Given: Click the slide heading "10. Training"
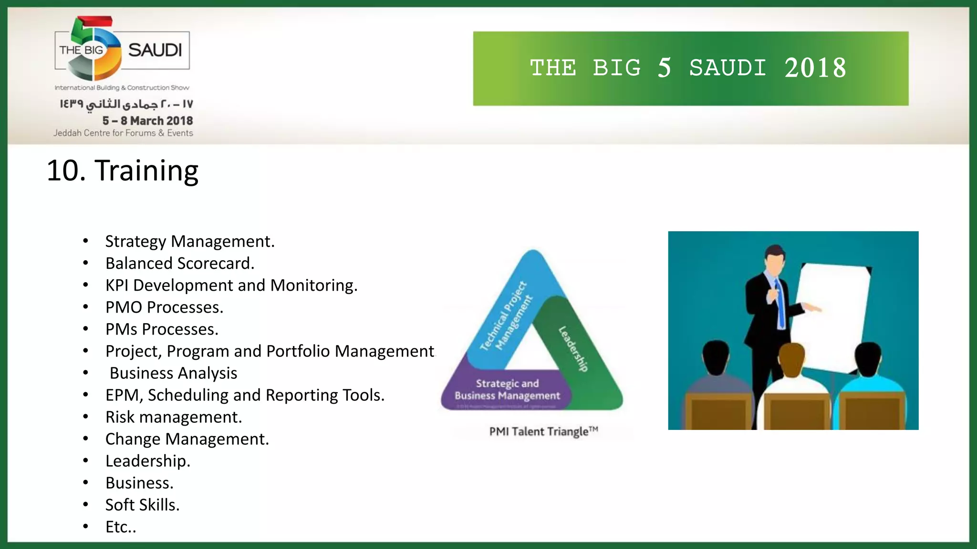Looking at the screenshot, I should [x=122, y=171].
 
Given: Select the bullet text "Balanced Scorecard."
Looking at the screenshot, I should [x=180, y=264].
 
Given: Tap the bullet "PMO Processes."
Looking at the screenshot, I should [x=164, y=307].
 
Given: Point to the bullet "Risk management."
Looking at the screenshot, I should [x=174, y=417].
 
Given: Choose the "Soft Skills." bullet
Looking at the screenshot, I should [x=142, y=505].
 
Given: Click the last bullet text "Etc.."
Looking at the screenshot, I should [x=121, y=527].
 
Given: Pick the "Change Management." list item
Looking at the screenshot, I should [x=187, y=439].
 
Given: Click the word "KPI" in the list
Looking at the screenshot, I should [x=117, y=285].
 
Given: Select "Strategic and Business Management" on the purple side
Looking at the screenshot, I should [x=507, y=390].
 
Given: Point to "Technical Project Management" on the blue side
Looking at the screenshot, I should [x=506, y=316].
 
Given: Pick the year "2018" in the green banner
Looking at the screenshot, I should [x=815, y=68].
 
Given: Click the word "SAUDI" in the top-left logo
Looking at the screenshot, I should [x=155, y=50].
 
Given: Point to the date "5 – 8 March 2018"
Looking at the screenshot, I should [x=147, y=121].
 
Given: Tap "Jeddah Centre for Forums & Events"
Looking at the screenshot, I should [x=123, y=133].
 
